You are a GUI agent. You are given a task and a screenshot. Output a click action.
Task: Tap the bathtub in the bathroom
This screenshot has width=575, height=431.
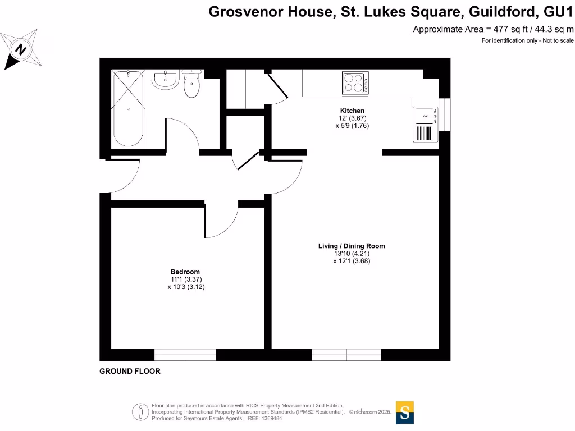click(x=128, y=108)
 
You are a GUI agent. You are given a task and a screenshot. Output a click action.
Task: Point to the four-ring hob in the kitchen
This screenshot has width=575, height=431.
click(x=355, y=83)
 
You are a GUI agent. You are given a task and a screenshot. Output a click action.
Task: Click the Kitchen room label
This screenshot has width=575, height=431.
click(x=352, y=111)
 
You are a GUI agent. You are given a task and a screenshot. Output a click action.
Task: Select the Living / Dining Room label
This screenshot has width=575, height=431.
click(x=352, y=246)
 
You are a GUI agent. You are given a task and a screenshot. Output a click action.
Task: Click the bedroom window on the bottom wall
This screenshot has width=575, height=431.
click(x=185, y=355)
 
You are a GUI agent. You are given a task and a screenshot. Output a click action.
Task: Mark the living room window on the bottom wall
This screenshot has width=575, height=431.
click(x=346, y=355)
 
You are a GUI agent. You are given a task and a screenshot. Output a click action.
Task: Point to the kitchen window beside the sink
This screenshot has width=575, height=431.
click(x=445, y=114)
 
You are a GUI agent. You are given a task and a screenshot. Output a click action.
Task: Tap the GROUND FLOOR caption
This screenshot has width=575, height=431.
click(x=130, y=371)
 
